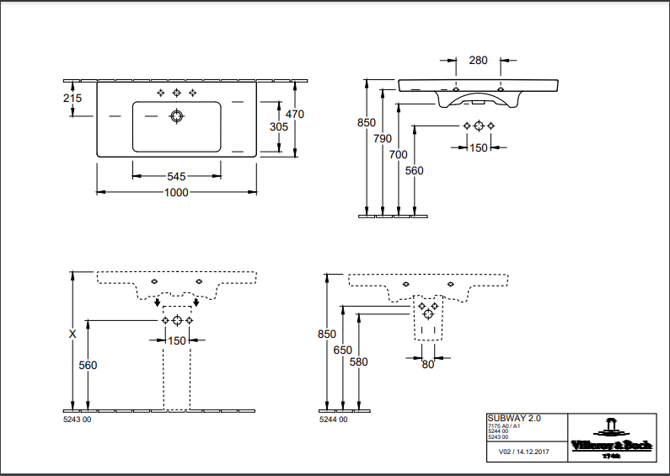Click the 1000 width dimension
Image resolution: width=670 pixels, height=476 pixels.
(175, 192)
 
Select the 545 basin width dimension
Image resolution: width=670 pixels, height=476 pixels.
(176, 176)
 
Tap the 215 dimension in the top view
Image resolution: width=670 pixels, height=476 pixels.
(72, 99)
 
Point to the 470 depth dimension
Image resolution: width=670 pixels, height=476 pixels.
(294, 114)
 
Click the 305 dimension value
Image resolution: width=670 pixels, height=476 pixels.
(279, 127)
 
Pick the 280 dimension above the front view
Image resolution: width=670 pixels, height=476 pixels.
(479, 60)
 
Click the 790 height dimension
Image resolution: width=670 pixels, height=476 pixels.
(383, 138)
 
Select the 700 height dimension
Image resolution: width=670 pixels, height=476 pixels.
(398, 154)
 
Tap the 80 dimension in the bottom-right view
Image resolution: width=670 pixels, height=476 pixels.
(428, 365)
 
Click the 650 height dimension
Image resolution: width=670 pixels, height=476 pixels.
(342, 350)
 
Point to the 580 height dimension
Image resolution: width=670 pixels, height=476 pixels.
(359, 361)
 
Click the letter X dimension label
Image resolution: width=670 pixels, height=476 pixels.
(72, 334)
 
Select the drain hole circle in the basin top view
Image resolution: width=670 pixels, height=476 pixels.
(176, 115)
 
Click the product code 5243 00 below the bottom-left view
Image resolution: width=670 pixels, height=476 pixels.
(77, 419)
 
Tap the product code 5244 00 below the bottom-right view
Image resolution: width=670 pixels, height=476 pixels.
(333, 419)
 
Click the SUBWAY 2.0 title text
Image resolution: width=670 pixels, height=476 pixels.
(515, 418)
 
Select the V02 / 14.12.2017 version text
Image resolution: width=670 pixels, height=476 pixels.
(521, 452)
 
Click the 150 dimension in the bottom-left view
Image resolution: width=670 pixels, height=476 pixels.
(176, 340)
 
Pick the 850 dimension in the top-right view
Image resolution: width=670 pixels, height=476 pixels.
(367, 122)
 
